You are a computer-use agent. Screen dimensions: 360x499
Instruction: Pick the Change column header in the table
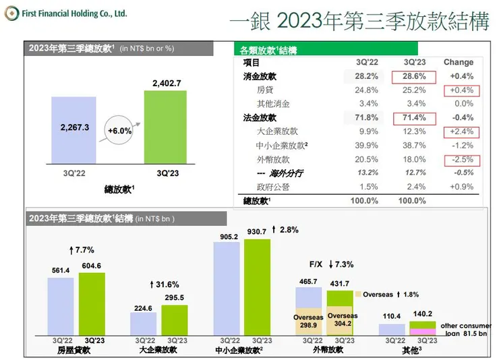pyautogui.click(x=459, y=63)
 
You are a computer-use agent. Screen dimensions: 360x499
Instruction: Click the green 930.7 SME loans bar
pyautogui.click(x=256, y=287)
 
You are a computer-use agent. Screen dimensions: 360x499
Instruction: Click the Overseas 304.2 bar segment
pyautogui.click(x=343, y=322)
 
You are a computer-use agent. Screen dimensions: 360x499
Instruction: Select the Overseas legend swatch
pyautogui.click(x=358, y=295)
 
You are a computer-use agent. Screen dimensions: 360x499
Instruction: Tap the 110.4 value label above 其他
pyautogui.click(x=391, y=316)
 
